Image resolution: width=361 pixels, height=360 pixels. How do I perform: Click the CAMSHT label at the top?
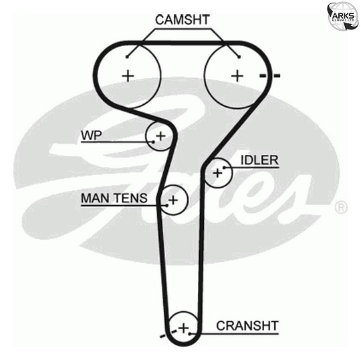tap(183, 19)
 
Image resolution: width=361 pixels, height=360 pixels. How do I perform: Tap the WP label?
tap(91, 136)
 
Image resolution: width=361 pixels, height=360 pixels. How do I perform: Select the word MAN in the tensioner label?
tap(95, 198)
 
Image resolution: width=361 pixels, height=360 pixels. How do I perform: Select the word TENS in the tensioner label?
tap(130, 198)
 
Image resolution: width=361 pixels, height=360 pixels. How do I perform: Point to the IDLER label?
tap(259, 160)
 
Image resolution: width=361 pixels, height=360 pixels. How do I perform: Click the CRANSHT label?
tap(247, 326)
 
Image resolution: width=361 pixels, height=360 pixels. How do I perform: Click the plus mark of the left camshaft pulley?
tap(128, 75)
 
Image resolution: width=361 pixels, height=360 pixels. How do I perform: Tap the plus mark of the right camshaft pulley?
tap(237, 75)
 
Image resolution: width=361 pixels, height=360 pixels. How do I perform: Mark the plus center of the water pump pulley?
tap(160, 136)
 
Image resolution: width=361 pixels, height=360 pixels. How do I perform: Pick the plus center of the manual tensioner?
tap(173, 200)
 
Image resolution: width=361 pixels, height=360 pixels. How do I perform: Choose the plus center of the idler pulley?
tap(217, 172)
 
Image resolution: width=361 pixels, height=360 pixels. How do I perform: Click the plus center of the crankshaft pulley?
tap(183, 327)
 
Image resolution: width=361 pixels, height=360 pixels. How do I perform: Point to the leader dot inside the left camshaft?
tap(127, 57)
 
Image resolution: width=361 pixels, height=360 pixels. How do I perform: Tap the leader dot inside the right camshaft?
tap(239, 57)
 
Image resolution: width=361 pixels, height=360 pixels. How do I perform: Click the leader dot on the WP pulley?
tap(153, 142)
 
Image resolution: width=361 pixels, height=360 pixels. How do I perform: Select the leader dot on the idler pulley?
tap(224, 168)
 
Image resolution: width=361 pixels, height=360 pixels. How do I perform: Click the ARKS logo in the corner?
tap(343, 17)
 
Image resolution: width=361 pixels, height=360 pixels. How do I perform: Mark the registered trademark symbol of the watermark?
tap(341, 207)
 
